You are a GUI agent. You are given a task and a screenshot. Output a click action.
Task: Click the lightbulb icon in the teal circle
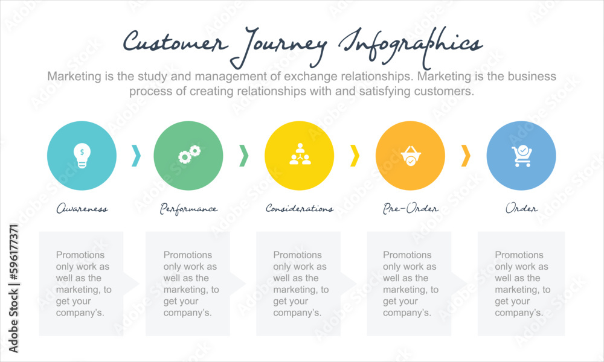(x=82, y=156)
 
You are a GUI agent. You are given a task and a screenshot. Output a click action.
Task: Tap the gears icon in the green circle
(x=189, y=155)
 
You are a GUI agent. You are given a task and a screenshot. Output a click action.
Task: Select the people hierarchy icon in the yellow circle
(x=299, y=155)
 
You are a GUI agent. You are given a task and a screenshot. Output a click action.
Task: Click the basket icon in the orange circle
(x=410, y=156)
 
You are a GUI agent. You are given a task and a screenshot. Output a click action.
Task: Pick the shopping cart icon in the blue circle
(x=521, y=156)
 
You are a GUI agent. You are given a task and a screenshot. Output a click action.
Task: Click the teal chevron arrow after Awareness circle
(x=136, y=156)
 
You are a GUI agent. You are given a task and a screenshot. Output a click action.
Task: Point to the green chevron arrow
(x=243, y=156)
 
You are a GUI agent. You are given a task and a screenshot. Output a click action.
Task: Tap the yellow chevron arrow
(x=355, y=156)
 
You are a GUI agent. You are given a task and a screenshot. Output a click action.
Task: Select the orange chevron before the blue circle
(x=466, y=156)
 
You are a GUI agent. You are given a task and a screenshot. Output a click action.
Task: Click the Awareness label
(x=82, y=209)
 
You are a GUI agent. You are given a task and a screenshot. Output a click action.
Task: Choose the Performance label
(x=188, y=209)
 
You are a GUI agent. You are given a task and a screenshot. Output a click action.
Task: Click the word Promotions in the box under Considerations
(x=298, y=255)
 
